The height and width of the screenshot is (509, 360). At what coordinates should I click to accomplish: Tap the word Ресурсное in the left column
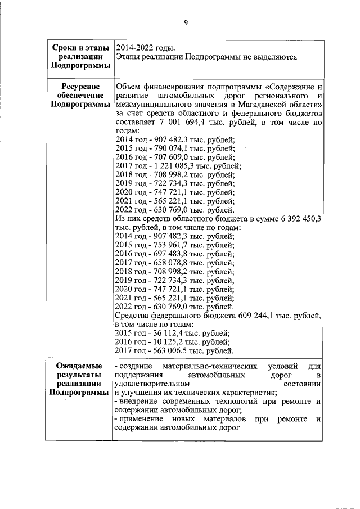[x=78, y=87]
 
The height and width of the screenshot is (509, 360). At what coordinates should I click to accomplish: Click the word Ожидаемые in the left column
[x=78, y=366]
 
